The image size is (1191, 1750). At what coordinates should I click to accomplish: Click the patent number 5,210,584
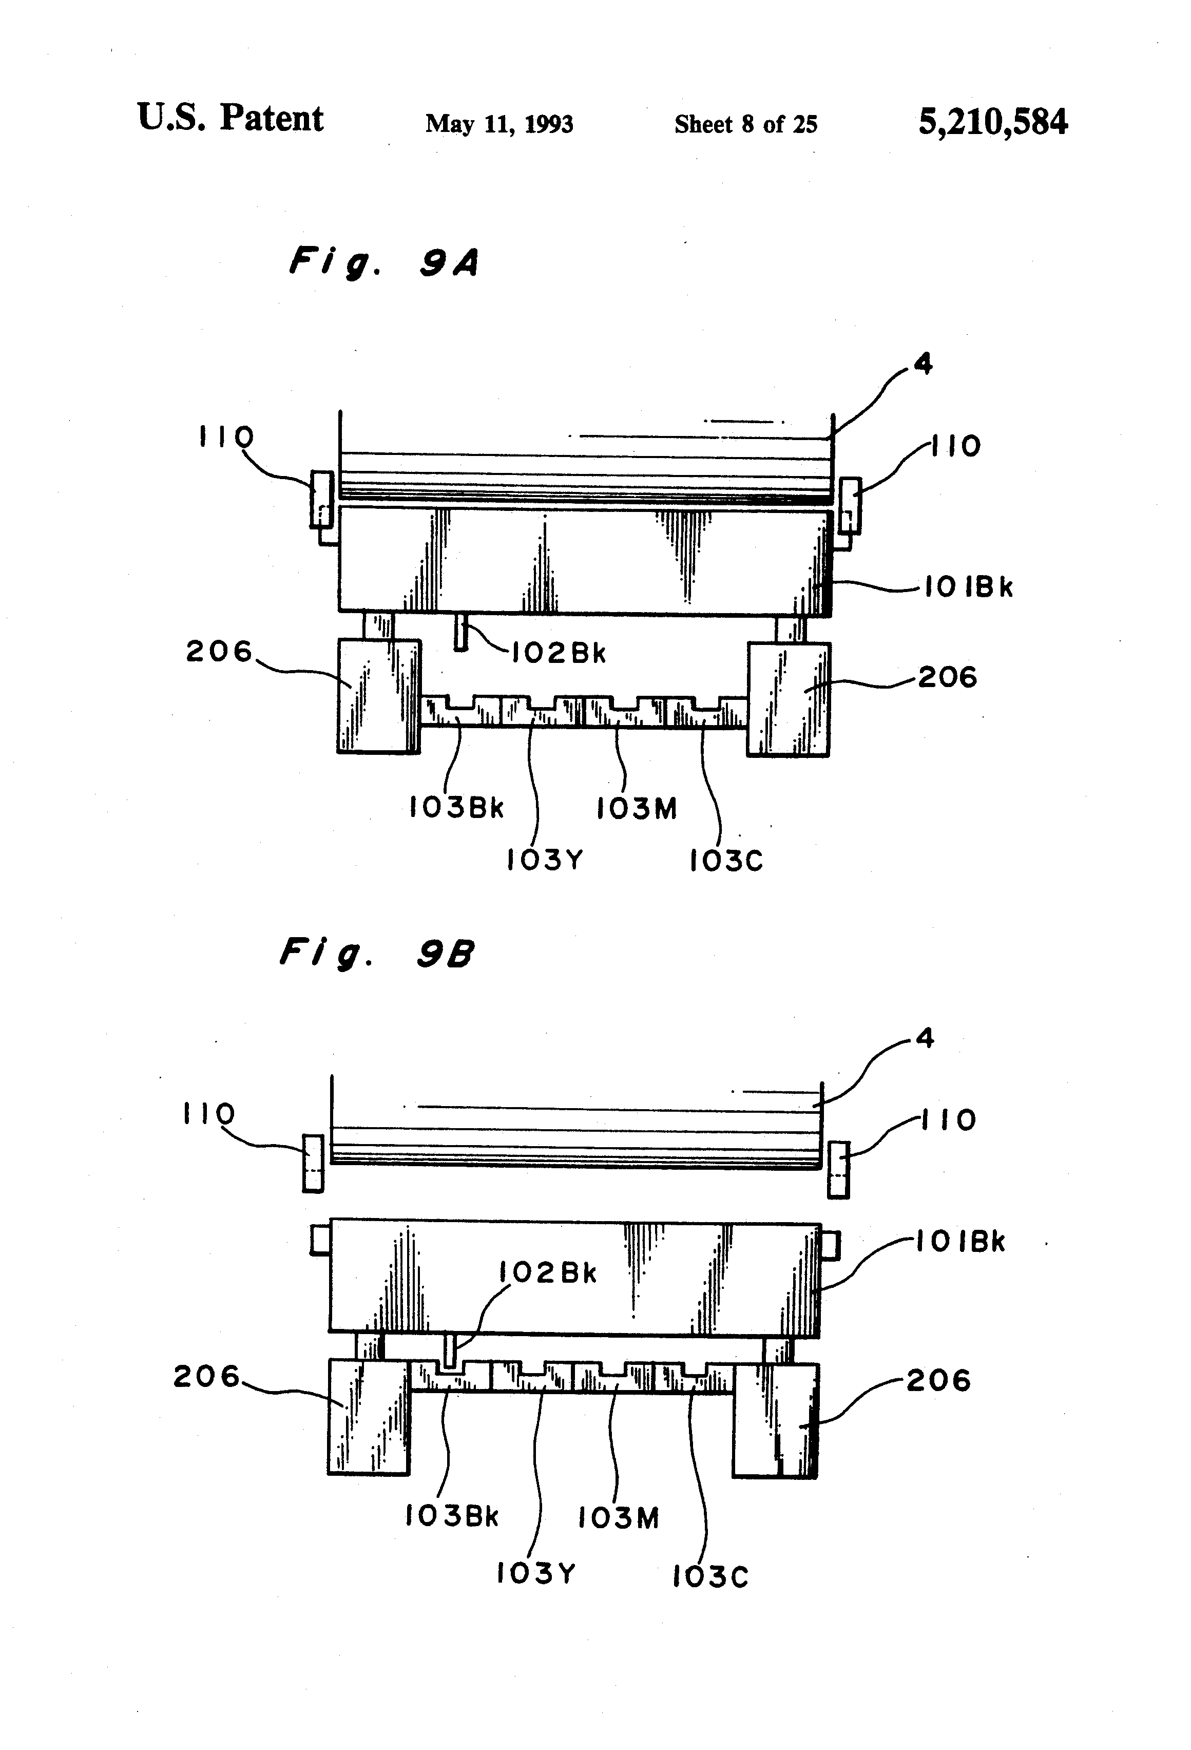(x=992, y=122)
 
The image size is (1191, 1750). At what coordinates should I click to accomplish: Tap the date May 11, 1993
(x=499, y=123)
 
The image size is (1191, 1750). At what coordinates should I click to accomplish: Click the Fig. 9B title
(x=376, y=954)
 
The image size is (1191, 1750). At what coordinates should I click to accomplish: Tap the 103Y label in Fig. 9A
(x=544, y=859)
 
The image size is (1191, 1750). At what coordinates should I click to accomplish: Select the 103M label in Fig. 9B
(x=618, y=1517)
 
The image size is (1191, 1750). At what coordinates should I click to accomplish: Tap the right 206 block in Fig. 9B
(x=775, y=1420)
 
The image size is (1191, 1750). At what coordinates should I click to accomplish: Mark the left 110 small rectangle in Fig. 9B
(x=313, y=1164)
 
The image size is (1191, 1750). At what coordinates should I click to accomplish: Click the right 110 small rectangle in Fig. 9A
(x=850, y=505)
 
